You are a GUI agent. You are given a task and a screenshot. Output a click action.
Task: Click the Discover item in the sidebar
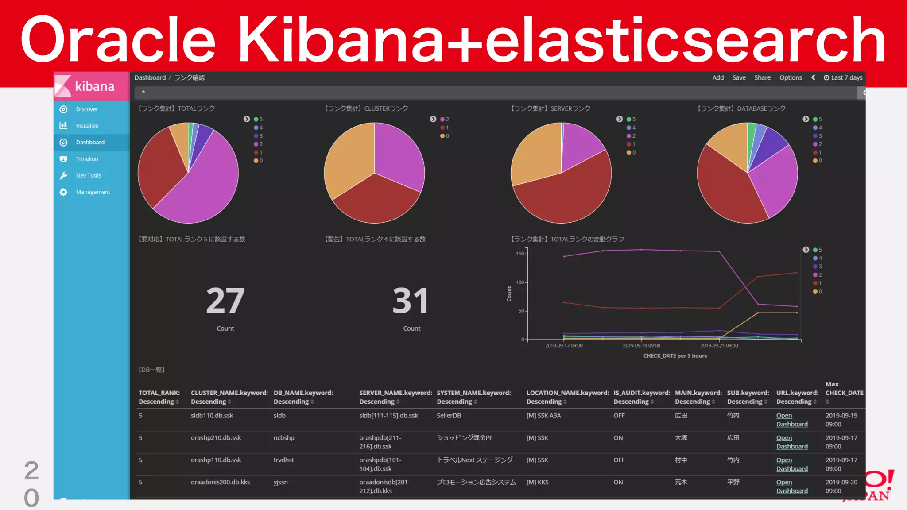[x=86, y=109]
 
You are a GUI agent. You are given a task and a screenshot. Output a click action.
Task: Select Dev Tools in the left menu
[x=88, y=175]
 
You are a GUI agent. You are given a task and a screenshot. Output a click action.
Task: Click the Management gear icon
[x=63, y=192]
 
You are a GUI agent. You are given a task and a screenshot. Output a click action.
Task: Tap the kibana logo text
[x=94, y=86]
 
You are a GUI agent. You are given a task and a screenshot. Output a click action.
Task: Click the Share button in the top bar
[x=762, y=77]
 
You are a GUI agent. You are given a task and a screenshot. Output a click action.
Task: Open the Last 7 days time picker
[x=843, y=77]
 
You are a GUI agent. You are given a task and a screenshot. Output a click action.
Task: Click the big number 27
[x=225, y=301]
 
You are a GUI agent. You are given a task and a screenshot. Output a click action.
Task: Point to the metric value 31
[x=411, y=301]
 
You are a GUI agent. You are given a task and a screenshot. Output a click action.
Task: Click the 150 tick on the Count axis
[x=519, y=254]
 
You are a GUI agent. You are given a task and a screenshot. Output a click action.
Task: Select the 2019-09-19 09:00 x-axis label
[x=641, y=345]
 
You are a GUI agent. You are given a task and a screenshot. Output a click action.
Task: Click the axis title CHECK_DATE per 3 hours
[x=674, y=356]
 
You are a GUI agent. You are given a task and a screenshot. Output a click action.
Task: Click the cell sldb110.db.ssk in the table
[x=212, y=416]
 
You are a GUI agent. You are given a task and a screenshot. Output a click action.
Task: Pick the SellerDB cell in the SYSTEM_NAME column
[x=449, y=416]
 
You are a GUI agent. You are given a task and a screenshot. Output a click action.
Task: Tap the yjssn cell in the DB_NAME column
[x=280, y=482]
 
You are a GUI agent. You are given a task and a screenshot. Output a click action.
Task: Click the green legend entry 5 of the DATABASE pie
[x=817, y=120]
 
